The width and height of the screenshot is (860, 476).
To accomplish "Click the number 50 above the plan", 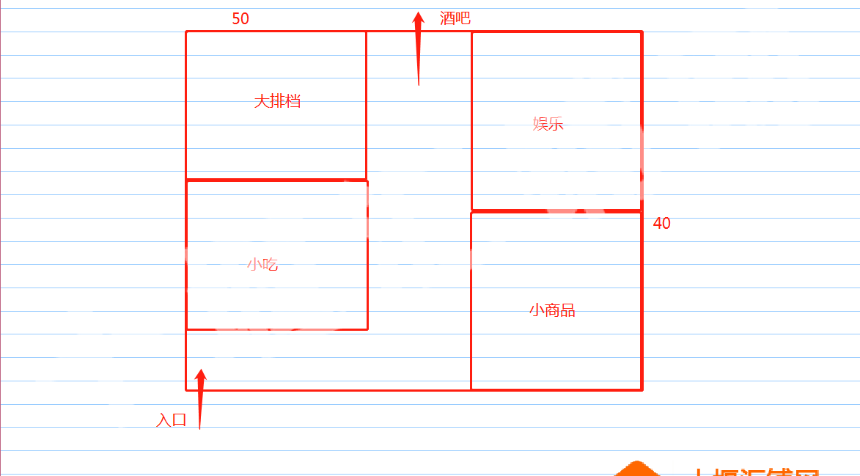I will pyautogui.click(x=240, y=19).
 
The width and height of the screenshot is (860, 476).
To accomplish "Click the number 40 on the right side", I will pyautogui.click(x=661, y=224).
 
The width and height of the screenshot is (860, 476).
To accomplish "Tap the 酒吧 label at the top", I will pyautogui.click(x=455, y=18).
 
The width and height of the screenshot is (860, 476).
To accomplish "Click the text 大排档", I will pyautogui.click(x=277, y=101).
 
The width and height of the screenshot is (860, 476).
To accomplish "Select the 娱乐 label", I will pyautogui.click(x=548, y=124).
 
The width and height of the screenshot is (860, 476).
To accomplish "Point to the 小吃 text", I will pyautogui.click(x=262, y=265).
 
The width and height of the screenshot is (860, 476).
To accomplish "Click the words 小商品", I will pyautogui.click(x=552, y=310).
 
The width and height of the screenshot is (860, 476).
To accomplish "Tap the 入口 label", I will pyautogui.click(x=172, y=420).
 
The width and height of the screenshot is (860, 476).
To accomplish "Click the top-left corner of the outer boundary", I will pyautogui.click(x=186, y=32).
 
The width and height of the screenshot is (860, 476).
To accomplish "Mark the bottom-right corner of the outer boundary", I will pyautogui.click(x=642, y=389).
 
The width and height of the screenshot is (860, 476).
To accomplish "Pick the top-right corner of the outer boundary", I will pyautogui.click(x=642, y=32).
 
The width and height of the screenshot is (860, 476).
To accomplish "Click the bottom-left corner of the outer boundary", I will pyautogui.click(x=186, y=390).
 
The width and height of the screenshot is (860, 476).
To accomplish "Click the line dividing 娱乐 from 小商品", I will pyautogui.click(x=556, y=211).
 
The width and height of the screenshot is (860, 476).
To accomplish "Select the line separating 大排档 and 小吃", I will pyautogui.click(x=276, y=180).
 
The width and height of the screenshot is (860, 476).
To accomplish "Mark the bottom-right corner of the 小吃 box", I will pyautogui.click(x=367, y=329).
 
